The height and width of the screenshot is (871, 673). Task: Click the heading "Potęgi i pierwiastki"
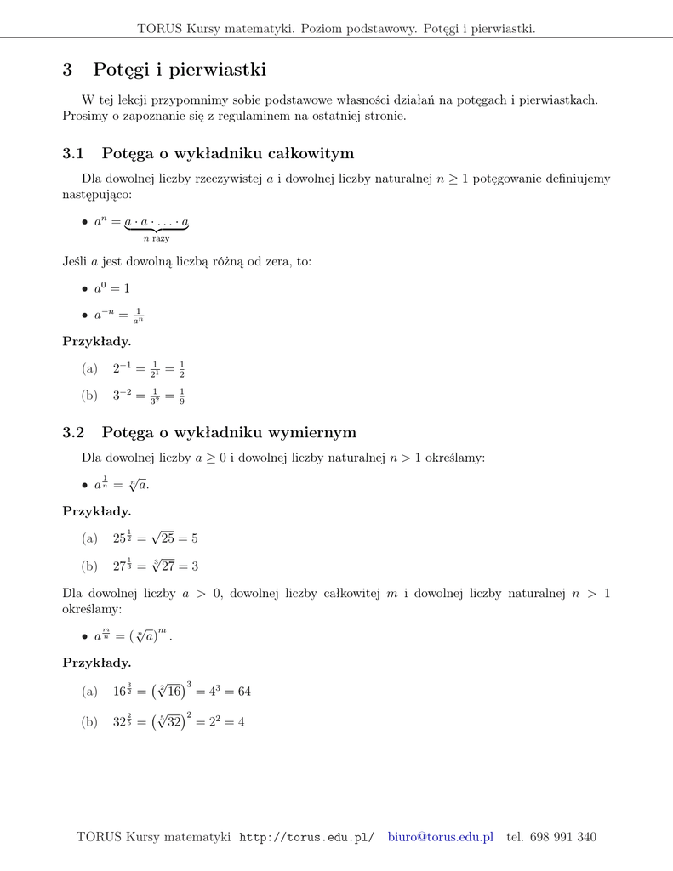[180, 70]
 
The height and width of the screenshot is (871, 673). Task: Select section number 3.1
[74, 154]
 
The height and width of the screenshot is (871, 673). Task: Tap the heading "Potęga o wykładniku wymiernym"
[228, 433]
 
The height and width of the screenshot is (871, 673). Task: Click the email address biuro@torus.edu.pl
[440, 837]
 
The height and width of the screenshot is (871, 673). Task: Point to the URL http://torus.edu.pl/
[306, 838]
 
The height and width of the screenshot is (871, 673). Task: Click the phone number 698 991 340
[562, 837]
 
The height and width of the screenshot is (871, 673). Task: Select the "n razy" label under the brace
[156, 239]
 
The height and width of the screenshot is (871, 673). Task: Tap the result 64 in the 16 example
[243, 692]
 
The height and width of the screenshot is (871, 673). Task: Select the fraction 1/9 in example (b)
[182, 396]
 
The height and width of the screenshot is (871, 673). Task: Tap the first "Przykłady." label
[97, 342]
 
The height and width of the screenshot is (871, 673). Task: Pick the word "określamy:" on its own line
[92, 610]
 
